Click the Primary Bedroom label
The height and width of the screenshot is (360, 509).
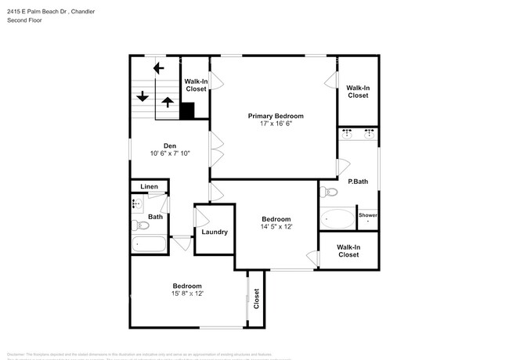(276, 116)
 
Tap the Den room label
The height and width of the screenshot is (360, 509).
(170, 145)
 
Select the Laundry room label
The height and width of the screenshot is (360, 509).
(215, 232)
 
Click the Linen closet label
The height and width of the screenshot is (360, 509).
(150, 186)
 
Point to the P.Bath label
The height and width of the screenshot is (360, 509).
(358, 182)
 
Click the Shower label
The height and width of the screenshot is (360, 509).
(367, 215)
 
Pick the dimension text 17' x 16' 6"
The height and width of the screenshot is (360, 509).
(276, 124)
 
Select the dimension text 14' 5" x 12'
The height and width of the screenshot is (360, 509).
(276, 227)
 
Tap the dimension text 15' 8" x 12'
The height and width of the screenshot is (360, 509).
(187, 293)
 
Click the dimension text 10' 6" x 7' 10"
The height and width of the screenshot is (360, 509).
(170, 153)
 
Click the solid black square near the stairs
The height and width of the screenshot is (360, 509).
(187, 111)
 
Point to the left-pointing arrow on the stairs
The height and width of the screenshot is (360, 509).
(158, 68)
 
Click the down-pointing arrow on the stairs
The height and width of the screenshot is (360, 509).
(143, 97)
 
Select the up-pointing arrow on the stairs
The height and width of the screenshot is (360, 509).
(167, 101)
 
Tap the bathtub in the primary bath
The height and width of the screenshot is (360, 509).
(338, 218)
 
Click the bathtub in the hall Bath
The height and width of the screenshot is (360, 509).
(149, 244)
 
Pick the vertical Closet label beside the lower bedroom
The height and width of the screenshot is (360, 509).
(256, 298)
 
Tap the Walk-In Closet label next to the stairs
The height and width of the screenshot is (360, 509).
(196, 85)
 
